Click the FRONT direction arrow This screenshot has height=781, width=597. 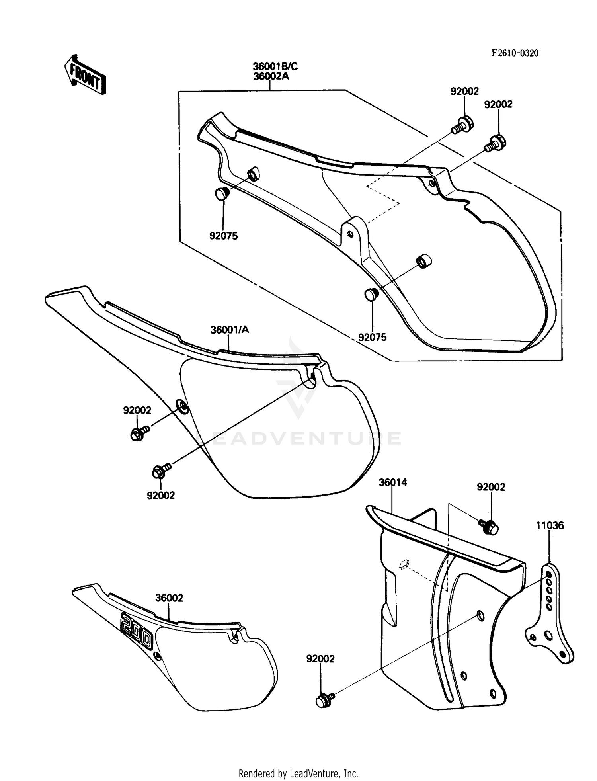click(x=85, y=74)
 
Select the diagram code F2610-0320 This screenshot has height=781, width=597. click(x=515, y=53)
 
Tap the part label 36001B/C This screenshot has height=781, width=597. click(x=275, y=66)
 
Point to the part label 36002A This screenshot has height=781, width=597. click(x=271, y=76)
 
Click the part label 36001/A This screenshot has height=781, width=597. click(x=230, y=330)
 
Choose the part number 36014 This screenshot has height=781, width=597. click(x=392, y=482)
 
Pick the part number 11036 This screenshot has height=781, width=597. click(x=549, y=525)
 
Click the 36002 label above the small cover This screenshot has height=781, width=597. click(x=170, y=598)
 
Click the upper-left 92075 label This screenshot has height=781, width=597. click(x=223, y=236)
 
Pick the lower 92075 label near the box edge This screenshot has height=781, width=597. click(x=372, y=337)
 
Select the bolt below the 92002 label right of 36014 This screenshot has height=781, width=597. click(x=488, y=527)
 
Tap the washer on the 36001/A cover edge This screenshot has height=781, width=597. click(x=182, y=406)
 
